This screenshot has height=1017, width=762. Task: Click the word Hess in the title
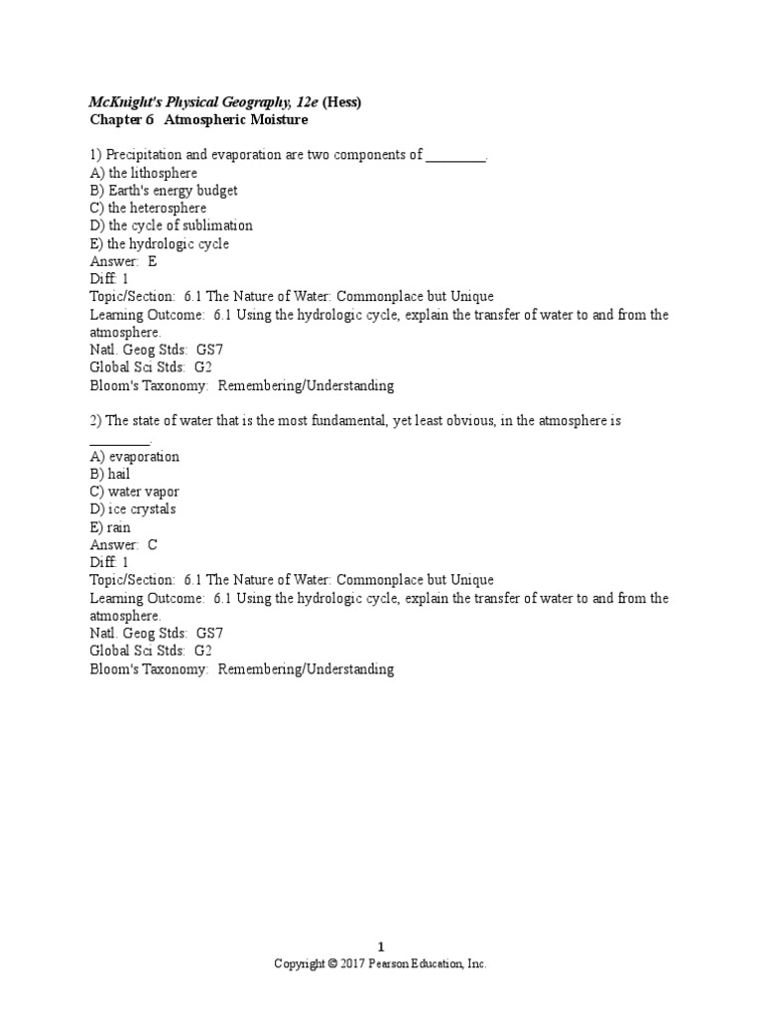pos(342,101)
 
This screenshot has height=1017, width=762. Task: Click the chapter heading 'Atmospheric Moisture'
pos(235,119)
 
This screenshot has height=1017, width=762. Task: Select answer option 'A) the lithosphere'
pos(143,173)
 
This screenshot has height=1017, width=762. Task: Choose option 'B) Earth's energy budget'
pos(164,191)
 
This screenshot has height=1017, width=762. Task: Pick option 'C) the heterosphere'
pos(148,209)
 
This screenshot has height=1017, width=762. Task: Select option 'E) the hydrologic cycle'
pos(159,244)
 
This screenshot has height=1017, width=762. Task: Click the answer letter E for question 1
pos(152,262)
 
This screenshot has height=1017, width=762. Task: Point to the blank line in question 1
pos(455,156)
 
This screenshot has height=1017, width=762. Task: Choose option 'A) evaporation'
pos(135,457)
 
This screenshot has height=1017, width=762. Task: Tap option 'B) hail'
pos(110,475)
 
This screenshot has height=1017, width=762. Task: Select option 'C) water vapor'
pos(135,493)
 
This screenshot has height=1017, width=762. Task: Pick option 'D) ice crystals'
pos(133,509)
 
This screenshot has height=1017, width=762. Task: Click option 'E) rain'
pos(110,527)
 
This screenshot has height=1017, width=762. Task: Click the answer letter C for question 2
pos(152,545)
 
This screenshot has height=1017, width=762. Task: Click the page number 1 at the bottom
pos(381,947)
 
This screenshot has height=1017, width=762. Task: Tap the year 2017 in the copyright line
pos(353,964)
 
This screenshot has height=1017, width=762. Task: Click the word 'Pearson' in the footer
pos(389,964)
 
